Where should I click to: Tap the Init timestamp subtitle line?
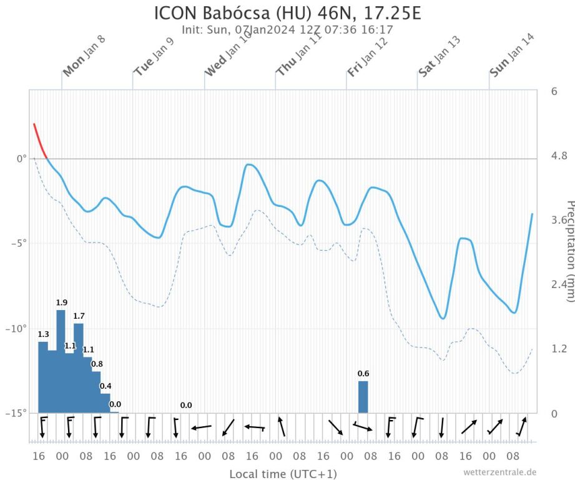287,29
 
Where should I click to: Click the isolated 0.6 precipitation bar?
363,397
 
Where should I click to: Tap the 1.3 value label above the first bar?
43,334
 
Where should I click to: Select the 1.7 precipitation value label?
79,316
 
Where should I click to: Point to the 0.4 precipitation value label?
106,386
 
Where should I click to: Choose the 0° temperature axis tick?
21,159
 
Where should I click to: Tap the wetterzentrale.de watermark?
499,472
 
